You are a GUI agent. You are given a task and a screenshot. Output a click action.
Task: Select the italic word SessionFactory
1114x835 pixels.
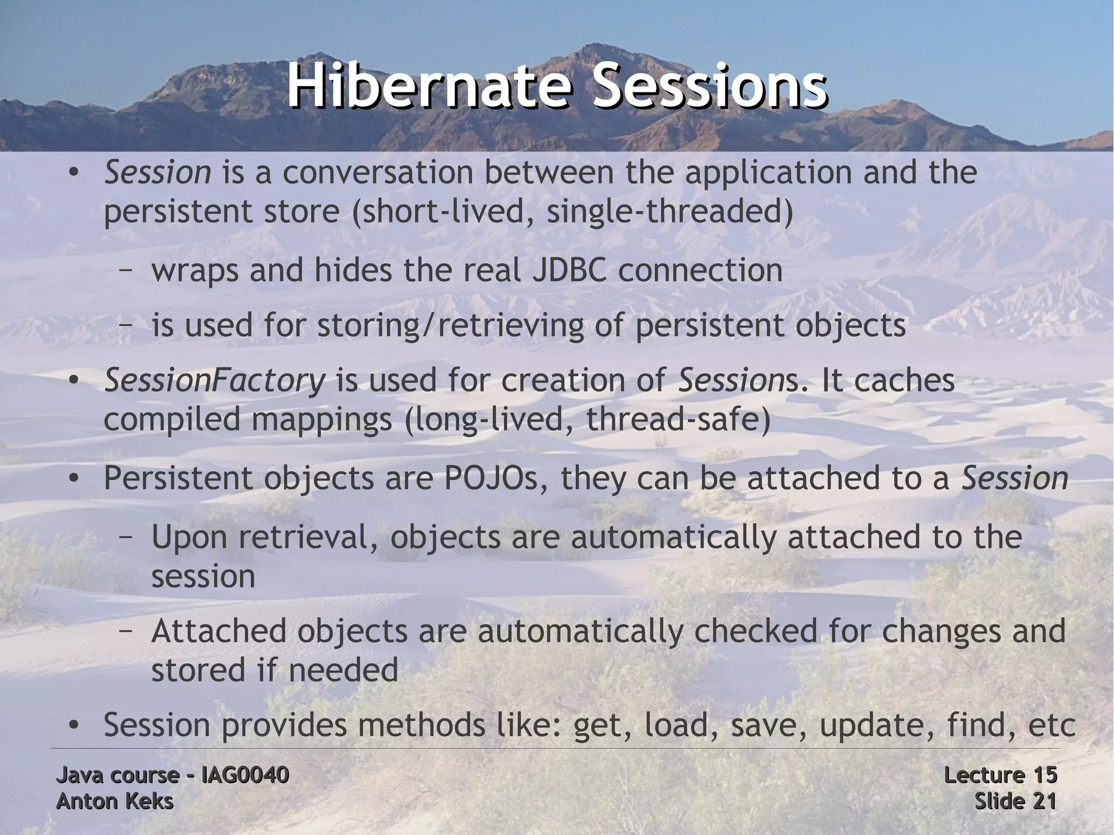coord(214,380)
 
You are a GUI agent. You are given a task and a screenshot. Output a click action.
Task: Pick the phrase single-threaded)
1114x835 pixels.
coord(669,211)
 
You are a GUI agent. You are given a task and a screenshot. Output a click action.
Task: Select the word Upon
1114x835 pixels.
coord(188,537)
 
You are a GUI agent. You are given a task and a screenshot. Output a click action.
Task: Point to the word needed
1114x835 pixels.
coord(343,670)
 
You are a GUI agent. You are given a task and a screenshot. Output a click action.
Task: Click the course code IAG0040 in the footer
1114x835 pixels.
coord(245,775)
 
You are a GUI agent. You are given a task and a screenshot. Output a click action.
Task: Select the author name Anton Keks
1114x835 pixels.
coord(115,801)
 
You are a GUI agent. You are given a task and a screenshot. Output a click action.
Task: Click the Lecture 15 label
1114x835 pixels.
coord(1000,775)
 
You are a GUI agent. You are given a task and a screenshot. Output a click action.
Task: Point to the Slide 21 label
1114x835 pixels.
coord(1015,801)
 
